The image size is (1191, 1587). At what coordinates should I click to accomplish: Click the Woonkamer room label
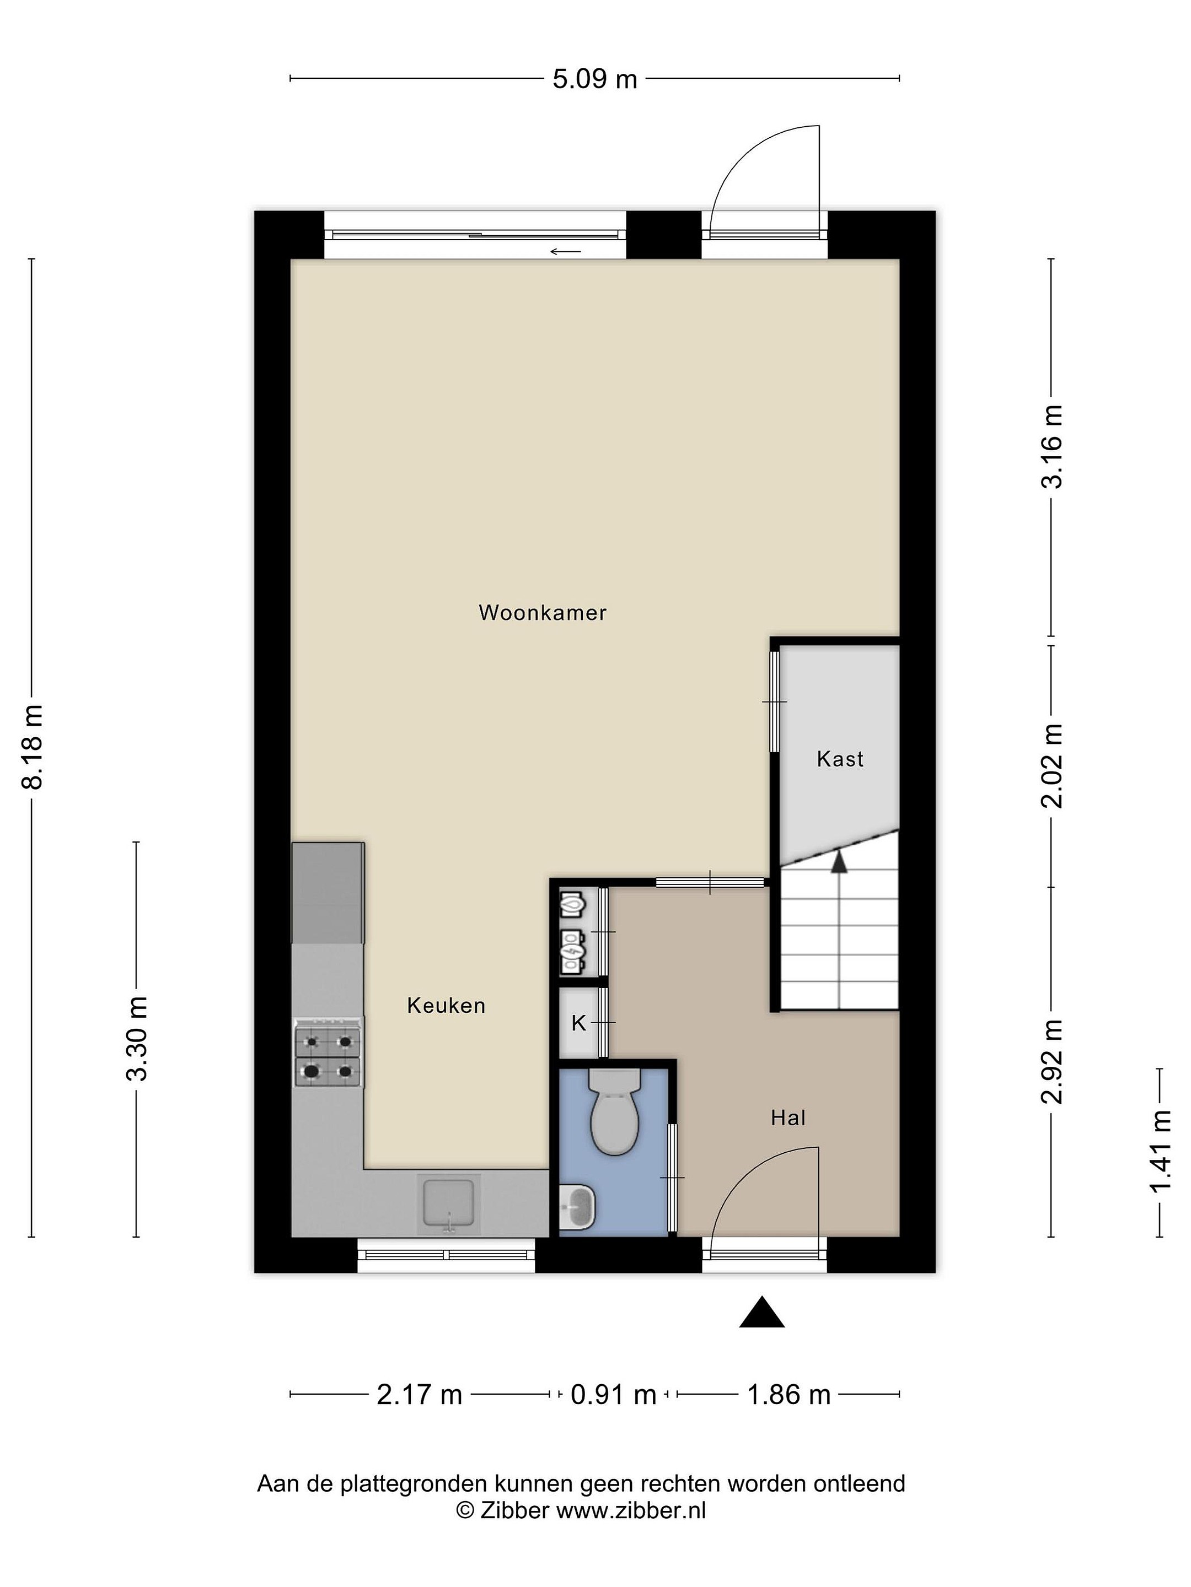point(542,613)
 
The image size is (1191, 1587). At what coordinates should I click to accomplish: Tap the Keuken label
point(446,1006)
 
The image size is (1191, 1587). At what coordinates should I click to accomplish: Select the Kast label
point(839,759)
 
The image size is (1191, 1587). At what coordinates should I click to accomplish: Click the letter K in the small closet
point(578,1024)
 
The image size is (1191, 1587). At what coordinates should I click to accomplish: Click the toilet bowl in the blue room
point(615,1111)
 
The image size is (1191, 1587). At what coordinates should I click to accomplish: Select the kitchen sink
point(449,1204)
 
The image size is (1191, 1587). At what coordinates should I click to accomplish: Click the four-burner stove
point(328,1052)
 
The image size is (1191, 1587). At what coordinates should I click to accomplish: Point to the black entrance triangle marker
point(761,1312)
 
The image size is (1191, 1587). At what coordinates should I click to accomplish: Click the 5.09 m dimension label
point(594,78)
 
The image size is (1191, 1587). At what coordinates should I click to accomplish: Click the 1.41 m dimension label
point(1160,1151)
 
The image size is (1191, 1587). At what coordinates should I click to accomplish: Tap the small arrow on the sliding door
point(566,251)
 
